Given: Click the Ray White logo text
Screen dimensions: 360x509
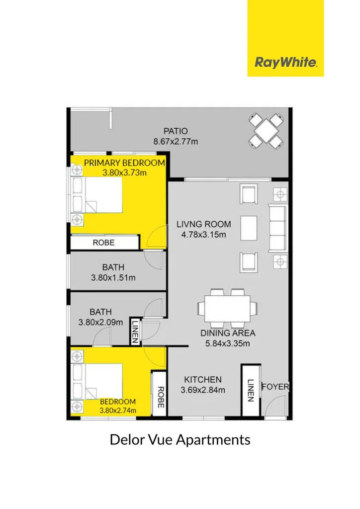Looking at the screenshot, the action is [x=285, y=62].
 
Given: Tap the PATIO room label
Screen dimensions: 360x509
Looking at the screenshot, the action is [x=176, y=131].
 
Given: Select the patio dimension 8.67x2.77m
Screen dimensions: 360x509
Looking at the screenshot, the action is [x=176, y=142].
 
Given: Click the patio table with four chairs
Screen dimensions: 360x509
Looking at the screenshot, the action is [x=266, y=131].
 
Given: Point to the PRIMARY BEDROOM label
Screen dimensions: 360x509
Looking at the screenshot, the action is [x=125, y=163].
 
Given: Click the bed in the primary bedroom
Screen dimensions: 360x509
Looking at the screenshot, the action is [x=97, y=195].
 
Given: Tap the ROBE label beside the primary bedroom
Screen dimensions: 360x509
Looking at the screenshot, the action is [x=103, y=243].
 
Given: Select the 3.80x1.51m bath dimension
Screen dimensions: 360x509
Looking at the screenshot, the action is [x=113, y=277].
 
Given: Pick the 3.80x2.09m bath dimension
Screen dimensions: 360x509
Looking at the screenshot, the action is [x=100, y=322].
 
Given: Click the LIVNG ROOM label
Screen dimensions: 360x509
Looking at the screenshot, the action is [x=204, y=224].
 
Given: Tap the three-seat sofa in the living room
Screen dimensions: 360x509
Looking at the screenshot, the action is [x=277, y=228].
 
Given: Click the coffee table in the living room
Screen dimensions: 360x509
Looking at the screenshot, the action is [x=249, y=228].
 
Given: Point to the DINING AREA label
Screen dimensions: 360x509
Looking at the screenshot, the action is [x=228, y=333].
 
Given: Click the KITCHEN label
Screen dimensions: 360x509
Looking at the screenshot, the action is [x=203, y=379].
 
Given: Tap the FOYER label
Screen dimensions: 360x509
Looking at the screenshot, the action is [x=275, y=387].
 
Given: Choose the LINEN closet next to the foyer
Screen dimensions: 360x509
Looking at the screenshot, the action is [x=251, y=390].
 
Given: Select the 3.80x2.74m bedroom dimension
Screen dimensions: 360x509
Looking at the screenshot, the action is [x=118, y=410].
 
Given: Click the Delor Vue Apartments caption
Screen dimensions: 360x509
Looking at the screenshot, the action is [x=180, y=440].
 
